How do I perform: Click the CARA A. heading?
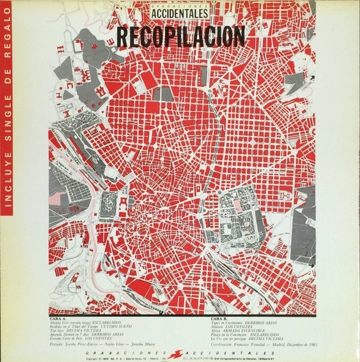point(58,318)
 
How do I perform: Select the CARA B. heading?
point(217,318)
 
